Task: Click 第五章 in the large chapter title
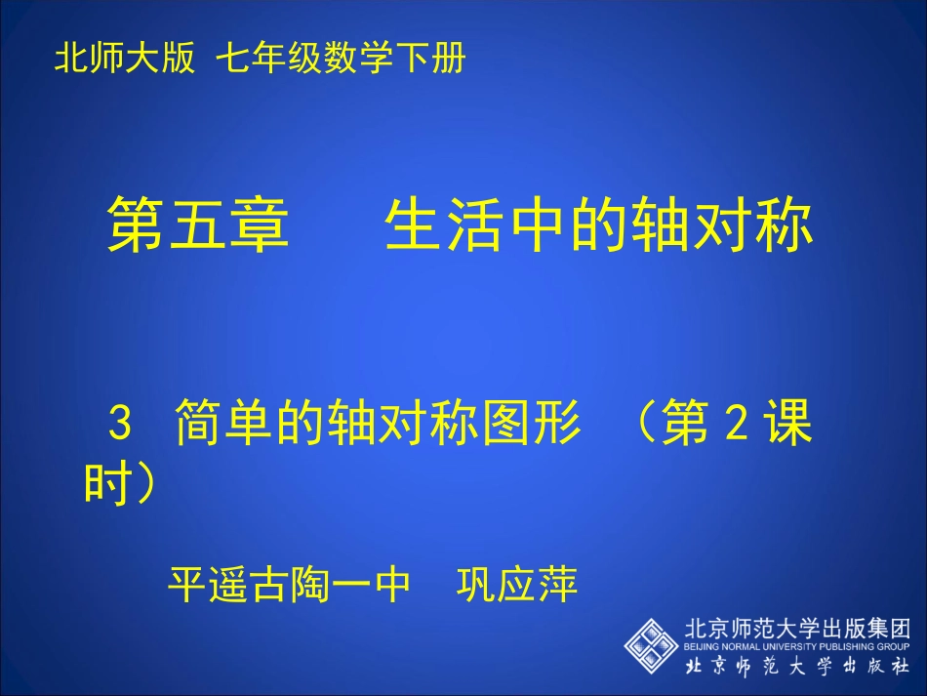click(x=199, y=226)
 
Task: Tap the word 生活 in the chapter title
click(x=432, y=226)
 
